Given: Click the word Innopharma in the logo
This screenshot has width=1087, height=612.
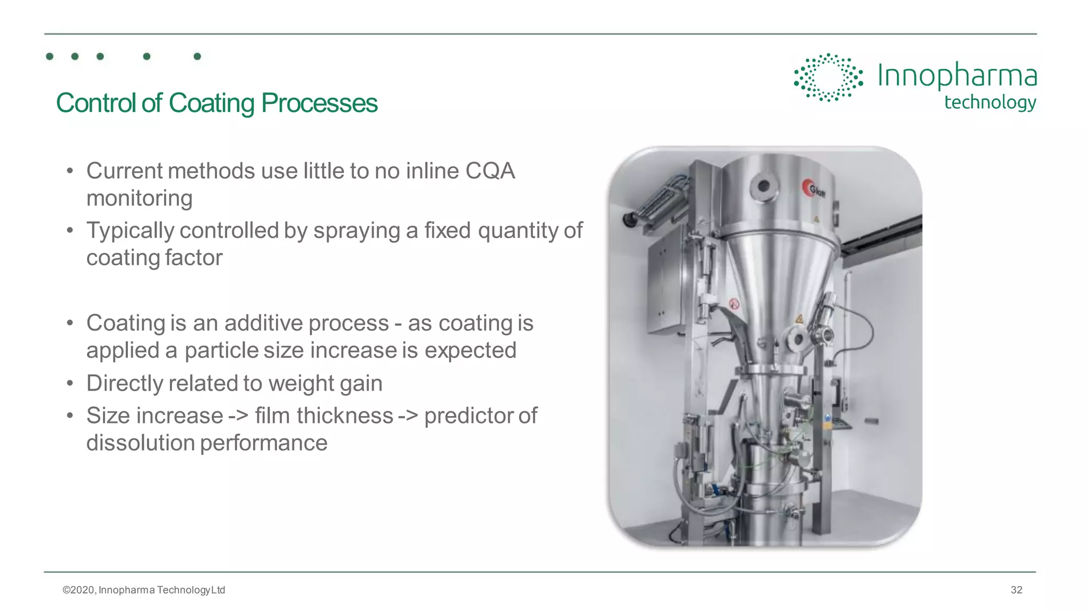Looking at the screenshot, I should [x=957, y=75].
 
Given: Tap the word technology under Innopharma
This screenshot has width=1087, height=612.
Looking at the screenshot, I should [x=990, y=102].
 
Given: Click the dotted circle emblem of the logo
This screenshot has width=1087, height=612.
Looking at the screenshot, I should [x=828, y=77].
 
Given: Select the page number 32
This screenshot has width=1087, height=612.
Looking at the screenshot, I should [x=1016, y=590].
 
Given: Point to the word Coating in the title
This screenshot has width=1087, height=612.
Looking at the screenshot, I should [x=211, y=103].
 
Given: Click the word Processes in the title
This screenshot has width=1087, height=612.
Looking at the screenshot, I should [x=319, y=103].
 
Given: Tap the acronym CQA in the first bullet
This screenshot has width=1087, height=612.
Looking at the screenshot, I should [x=490, y=171].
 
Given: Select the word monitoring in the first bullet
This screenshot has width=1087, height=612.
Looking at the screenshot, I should [x=139, y=199].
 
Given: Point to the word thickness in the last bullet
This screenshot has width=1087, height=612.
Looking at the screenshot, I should [x=344, y=416].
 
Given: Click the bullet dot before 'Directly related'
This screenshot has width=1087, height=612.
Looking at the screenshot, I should [x=70, y=383].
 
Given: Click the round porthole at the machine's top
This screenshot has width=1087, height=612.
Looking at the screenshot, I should [x=764, y=186].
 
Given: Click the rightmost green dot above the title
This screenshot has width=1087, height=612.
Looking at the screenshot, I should [x=197, y=56].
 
